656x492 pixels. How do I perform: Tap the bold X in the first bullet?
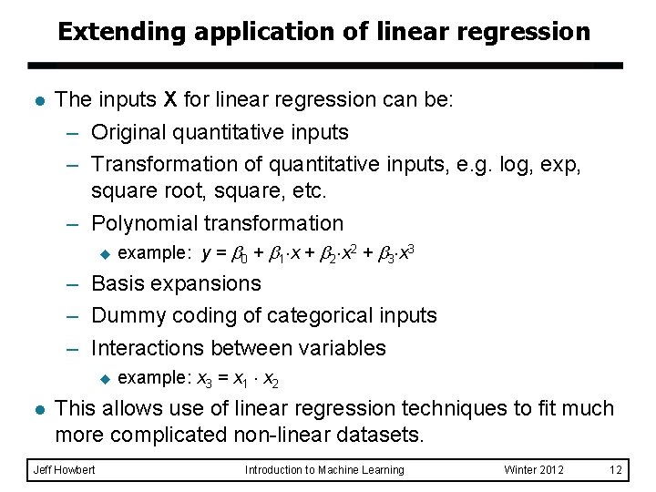click(170, 98)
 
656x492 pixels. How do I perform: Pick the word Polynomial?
click(144, 223)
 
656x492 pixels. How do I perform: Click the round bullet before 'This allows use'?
click(35, 408)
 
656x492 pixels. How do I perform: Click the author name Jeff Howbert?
click(64, 470)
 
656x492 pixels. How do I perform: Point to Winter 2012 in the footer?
click(534, 470)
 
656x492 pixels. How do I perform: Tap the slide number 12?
click(616, 470)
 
